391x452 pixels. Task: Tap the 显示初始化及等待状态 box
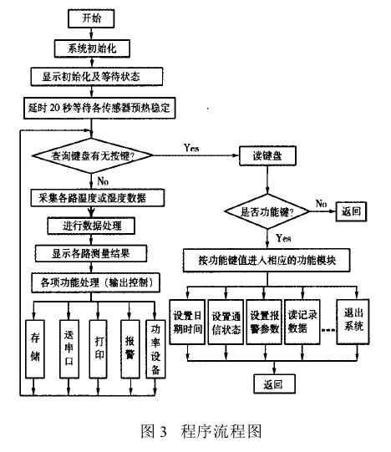89,76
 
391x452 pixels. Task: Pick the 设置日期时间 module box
187,322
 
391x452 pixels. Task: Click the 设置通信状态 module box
226,322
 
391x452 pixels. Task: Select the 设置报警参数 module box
264,322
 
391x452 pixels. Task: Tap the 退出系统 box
353,322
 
